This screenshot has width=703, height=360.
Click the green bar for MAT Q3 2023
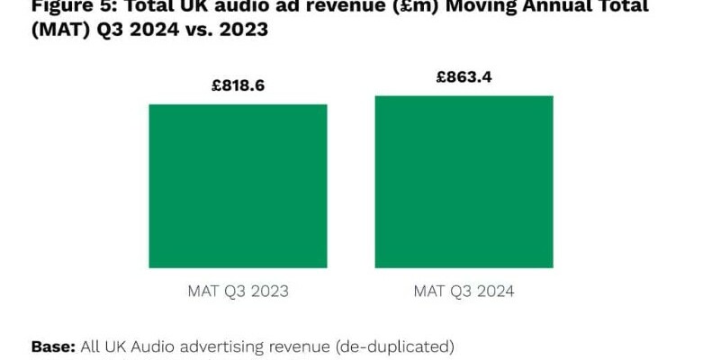(238, 185)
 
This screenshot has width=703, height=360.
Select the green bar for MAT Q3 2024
(464, 181)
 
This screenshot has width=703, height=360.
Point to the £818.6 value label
(238, 86)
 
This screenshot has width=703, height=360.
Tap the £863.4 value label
(464, 77)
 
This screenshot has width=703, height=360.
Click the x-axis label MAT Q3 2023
(238, 292)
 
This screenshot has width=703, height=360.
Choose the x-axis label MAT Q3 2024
(464, 292)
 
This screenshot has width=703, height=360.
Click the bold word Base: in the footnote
(53, 346)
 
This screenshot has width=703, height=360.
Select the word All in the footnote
(91, 346)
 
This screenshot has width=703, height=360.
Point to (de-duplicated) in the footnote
(392, 346)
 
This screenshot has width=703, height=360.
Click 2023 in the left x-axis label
(269, 292)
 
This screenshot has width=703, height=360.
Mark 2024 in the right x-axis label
(495, 292)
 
